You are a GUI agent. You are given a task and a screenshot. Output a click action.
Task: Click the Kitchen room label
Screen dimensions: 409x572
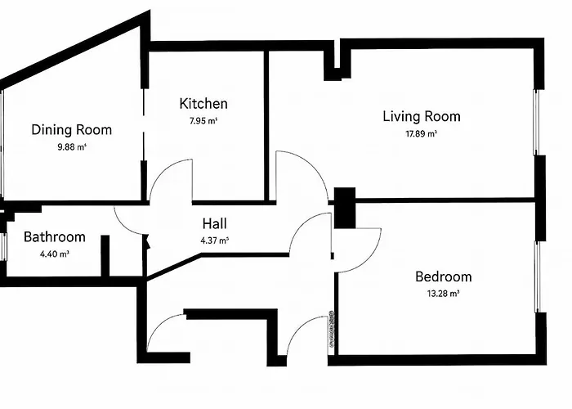tap(203, 104)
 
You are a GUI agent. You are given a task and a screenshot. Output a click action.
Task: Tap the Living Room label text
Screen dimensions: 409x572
tap(421, 116)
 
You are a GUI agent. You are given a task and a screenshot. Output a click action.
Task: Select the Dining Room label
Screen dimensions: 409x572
tap(71, 129)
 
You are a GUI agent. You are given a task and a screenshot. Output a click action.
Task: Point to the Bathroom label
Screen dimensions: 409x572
tap(54, 237)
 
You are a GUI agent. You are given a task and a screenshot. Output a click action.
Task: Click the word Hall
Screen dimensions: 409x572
tap(214, 223)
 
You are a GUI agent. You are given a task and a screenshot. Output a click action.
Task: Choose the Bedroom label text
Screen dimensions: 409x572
tap(443, 276)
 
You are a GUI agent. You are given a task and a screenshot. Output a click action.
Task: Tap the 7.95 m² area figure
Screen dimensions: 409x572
tap(203, 121)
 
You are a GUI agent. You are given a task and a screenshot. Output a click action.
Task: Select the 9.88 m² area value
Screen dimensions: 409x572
tap(71, 147)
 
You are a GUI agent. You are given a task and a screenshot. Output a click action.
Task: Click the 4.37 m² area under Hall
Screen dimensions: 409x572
tap(214, 240)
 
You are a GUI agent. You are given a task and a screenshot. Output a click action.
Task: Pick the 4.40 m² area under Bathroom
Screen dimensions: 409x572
tap(54, 254)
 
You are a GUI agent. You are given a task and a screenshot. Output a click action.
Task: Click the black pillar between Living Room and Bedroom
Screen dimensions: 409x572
tap(346, 209)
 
